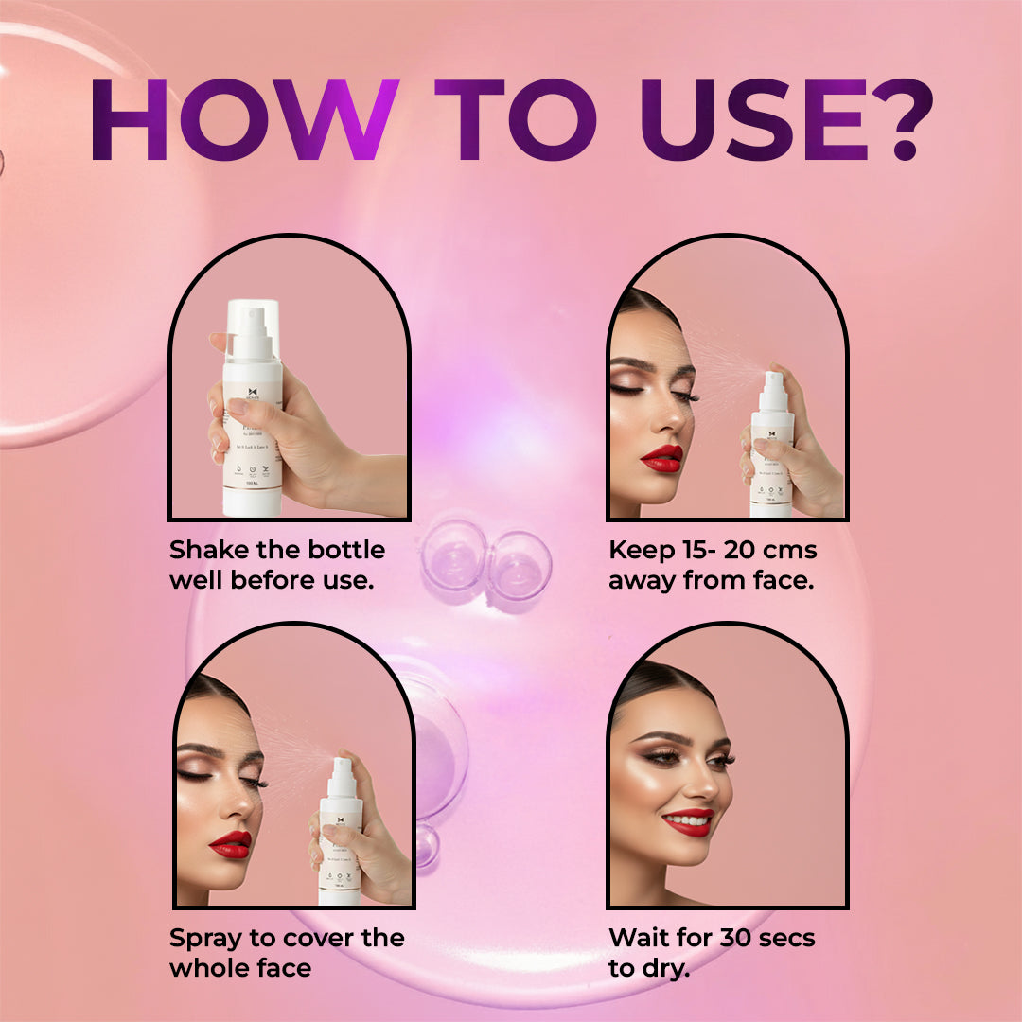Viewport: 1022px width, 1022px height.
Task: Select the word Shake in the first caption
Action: (x=209, y=551)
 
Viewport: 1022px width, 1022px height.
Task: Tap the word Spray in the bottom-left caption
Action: (x=208, y=939)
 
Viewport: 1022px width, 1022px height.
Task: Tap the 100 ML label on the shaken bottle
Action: (x=251, y=483)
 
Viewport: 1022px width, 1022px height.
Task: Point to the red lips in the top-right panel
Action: (x=661, y=458)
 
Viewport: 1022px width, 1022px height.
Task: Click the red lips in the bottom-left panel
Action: (x=229, y=843)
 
